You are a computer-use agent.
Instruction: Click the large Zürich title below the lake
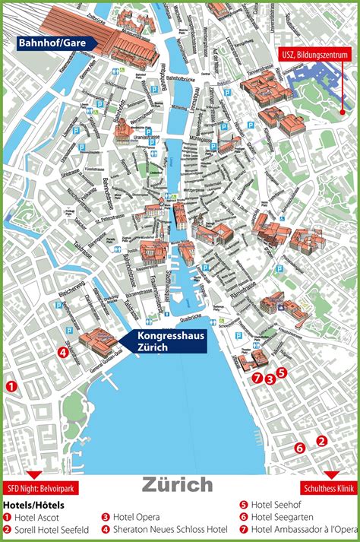click(177, 484)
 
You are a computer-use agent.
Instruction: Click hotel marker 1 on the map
click(11, 386)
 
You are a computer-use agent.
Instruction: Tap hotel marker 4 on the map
click(62, 351)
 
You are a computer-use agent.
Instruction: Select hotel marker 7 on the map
click(257, 378)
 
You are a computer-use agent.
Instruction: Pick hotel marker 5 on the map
click(281, 372)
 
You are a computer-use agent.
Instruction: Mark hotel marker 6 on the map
click(299, 448)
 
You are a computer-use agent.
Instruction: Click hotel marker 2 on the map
click(321, 440)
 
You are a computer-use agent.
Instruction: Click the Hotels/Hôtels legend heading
click(34, 505)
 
